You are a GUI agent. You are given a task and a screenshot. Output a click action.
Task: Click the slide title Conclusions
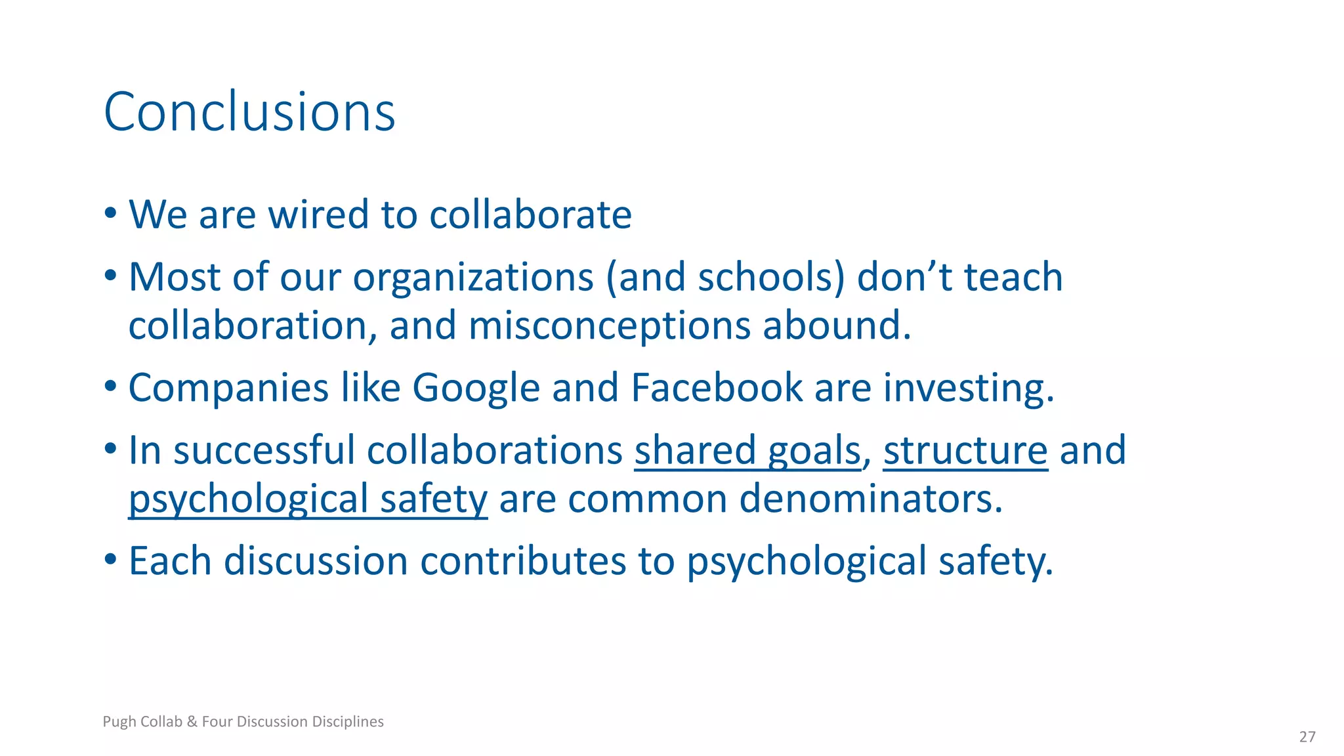(x=249, y=112)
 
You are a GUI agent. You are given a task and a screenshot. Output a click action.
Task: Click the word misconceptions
(x=609, y=326)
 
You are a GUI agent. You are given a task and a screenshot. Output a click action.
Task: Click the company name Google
(x=476, y=388)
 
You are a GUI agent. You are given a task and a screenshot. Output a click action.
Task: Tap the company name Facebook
(x=717, y=387)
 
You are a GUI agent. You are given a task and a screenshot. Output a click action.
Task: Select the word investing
(x=968, y=388)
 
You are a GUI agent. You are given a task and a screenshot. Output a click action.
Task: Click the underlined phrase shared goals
(x=747, y=451)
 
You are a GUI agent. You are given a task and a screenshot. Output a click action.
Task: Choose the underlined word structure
(x=965, y=451)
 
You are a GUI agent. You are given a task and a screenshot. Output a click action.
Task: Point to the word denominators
(x=871, y=499)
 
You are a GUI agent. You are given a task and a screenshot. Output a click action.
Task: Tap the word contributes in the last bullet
(x=523, y=562)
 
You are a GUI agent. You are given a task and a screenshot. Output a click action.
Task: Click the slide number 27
(x=1307, y=737)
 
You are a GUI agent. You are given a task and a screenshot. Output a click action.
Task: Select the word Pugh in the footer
(x=119, y=722)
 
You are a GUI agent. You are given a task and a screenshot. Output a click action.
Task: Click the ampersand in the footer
(x=192, y=722)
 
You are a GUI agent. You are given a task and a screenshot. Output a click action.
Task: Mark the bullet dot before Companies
(x=110, y=386)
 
